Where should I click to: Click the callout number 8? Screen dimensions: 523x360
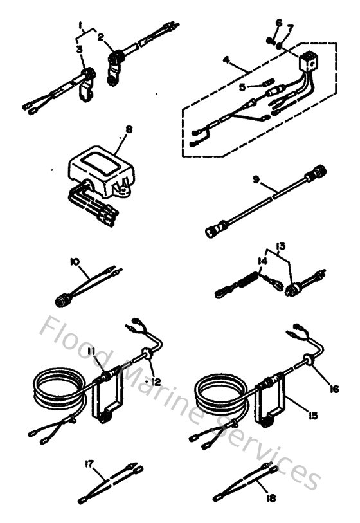click(x=129, y=129)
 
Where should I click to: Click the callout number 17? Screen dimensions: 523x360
click(x=89, y=463)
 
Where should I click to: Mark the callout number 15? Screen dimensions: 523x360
click(x=312, y=416)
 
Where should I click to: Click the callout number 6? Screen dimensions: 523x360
click(x=278, y=23)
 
